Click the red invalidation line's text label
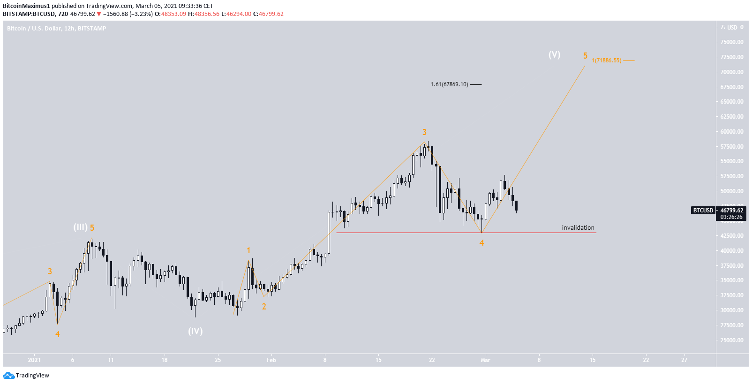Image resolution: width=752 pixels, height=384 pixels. tap(578, 227)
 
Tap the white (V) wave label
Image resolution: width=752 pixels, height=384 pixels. tap(554, 54)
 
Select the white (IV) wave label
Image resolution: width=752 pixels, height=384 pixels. tap(195, 331)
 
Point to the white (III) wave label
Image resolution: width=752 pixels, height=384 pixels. tap(80, 227)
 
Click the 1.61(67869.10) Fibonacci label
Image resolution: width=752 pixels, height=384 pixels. tap(449, 84)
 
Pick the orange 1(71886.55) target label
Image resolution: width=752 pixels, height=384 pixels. tap(606, 60)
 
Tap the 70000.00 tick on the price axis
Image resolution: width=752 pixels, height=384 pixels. tap(732, 72)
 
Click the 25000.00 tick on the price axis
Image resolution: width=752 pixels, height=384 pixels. tap(732, 340)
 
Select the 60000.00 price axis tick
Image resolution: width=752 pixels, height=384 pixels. tap(732, 131)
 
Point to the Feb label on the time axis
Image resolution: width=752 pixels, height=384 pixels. tap(271, 360)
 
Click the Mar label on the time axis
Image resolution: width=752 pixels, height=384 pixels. tap(485, 360)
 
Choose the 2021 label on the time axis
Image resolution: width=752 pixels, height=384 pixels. tap(34, 360)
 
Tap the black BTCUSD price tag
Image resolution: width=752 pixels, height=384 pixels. tap(703, 211)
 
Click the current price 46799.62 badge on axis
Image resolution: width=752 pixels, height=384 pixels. tap(732, 211)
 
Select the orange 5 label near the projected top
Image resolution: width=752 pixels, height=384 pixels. tap(585, 56)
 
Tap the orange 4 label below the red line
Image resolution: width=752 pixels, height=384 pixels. tap(481, 242)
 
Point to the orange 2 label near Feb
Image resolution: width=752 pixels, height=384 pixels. tap(264, 307)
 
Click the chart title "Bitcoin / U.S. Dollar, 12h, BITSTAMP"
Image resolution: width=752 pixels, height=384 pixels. tap(56, 29)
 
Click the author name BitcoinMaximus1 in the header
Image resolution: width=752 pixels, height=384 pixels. tap(26, 6)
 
